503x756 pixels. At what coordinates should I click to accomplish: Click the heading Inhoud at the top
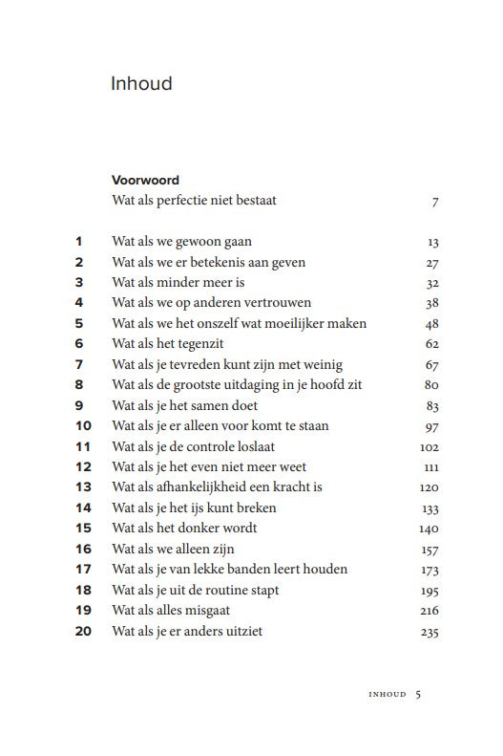click(x=141, y=84)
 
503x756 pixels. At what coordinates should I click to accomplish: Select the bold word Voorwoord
click(x=145, y=180)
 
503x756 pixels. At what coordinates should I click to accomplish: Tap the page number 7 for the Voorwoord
click(x=434, y=203)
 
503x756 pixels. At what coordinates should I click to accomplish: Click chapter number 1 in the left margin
click(x=79, y=242)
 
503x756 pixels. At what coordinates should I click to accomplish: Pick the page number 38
click(x=431, y=304)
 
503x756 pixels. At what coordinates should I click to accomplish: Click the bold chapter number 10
click(x=82, y=425)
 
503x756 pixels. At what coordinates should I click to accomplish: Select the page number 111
click(x=430, y=467)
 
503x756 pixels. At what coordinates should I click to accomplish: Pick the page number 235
click(x=429, y=632)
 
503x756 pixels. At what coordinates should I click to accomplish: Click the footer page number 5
click(x=418, y=695)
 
